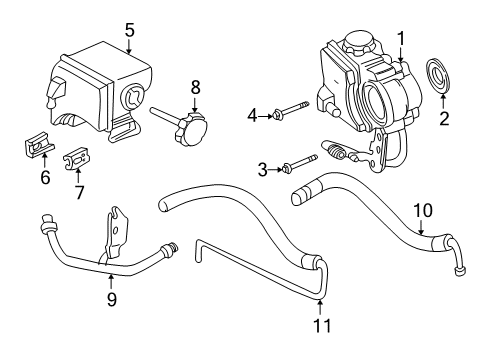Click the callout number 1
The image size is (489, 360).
[x=400, y=39]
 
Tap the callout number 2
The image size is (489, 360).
[x=444, y=118]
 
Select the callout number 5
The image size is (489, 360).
[x=129, y=29]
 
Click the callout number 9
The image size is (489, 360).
[x=111, y=298]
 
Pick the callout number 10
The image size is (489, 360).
[x=423, y=211]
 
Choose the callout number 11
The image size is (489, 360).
[x=320, y=325]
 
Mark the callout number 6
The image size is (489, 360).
[x=44, y=179]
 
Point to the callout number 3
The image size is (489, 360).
[x=262, y=169]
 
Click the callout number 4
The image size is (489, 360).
[x=254, y=117]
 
